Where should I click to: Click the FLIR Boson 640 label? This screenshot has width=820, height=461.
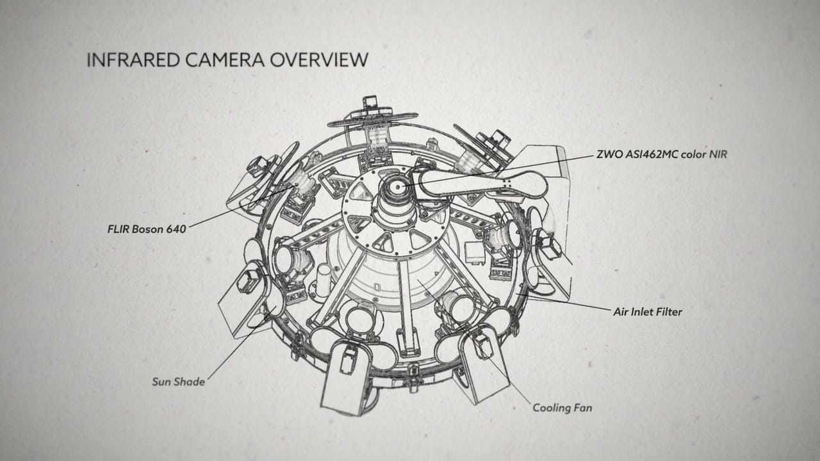coord(147,229)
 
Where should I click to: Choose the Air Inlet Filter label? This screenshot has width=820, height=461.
coord(648,312)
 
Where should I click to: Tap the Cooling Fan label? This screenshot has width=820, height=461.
coord(562,407)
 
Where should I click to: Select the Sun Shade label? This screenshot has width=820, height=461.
coord(178,382)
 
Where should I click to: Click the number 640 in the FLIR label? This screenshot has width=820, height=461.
coord(176,229)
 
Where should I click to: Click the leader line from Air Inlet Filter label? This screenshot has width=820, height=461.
coord(570,303)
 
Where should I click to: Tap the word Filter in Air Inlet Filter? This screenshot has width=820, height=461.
coord(668,312)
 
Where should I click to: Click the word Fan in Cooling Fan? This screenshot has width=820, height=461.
coord(582,407)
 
